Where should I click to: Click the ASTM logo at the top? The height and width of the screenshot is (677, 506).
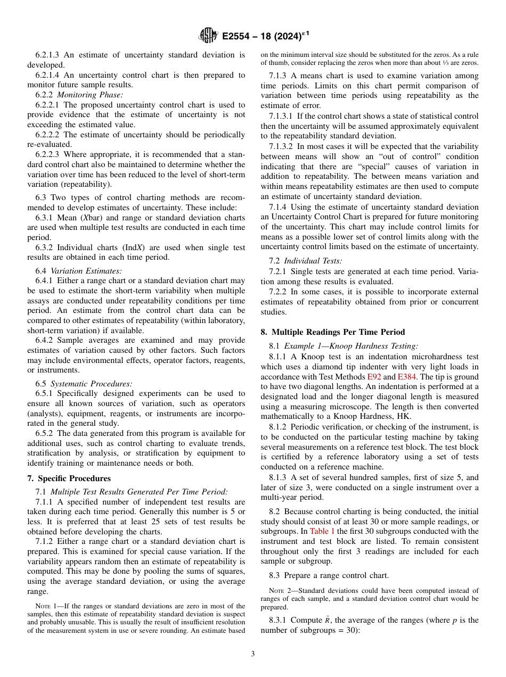208,36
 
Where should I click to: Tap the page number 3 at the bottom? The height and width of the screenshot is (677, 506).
253,654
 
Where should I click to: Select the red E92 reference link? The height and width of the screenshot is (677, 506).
374,377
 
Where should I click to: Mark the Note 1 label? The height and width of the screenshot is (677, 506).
46,606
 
